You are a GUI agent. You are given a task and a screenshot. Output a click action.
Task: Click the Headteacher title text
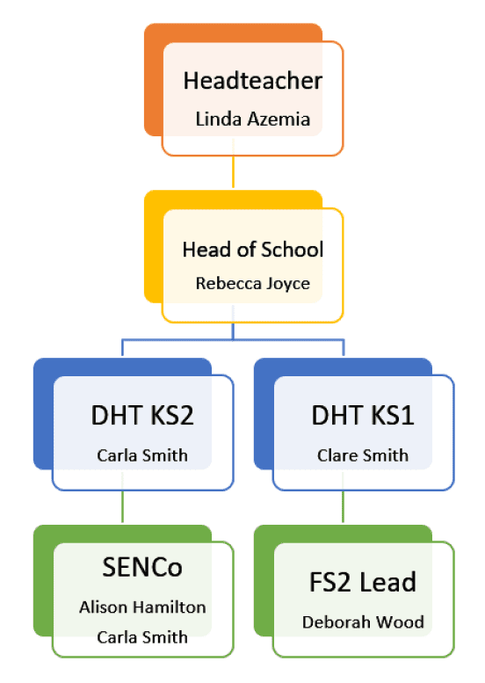tap(252, 81)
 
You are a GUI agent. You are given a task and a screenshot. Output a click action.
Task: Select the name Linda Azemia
tap(252, 119)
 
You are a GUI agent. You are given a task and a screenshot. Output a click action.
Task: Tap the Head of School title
tap(252, 250)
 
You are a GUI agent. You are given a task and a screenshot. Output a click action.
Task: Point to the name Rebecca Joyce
tap(252, 284)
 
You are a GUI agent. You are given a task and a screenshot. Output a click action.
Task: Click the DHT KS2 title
tap(142, 415)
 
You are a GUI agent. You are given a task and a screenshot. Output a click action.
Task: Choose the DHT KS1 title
tap(363, 415)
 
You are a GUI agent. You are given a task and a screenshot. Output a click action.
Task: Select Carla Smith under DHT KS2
tap(142, 455)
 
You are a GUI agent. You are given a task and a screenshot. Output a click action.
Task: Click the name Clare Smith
tap(363, 455)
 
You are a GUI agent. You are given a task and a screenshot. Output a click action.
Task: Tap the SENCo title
tap(142, 567)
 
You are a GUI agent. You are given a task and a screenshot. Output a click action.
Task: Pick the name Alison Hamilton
tap(142, 607)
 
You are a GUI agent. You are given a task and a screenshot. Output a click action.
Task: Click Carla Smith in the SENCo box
tap(142, 637)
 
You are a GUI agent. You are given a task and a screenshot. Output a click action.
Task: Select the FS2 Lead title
tap(363, 582)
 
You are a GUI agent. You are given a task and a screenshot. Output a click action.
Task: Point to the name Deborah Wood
tap(363, 622)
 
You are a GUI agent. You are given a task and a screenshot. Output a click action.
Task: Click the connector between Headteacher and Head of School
tap(234, 163)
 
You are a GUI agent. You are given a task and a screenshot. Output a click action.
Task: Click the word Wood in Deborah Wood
tap(400, 622)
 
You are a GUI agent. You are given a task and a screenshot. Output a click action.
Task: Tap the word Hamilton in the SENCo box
tap(170, 607)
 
